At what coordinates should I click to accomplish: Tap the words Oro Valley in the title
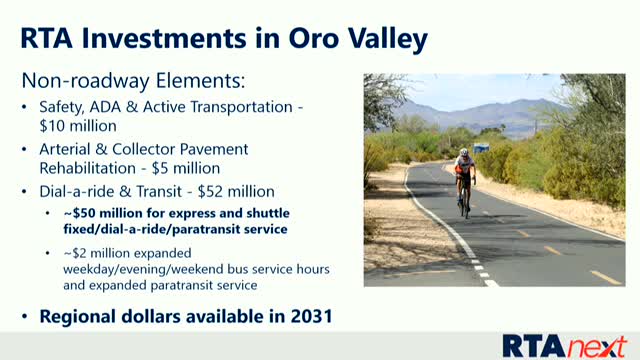[355, 39]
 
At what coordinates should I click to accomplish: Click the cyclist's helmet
[463, 153]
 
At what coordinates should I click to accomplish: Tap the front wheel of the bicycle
[465, 205]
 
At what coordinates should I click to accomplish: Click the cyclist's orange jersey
[463, 167]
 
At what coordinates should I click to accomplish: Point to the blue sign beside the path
[482, 148]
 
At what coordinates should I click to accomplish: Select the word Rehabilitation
[87, 168]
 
